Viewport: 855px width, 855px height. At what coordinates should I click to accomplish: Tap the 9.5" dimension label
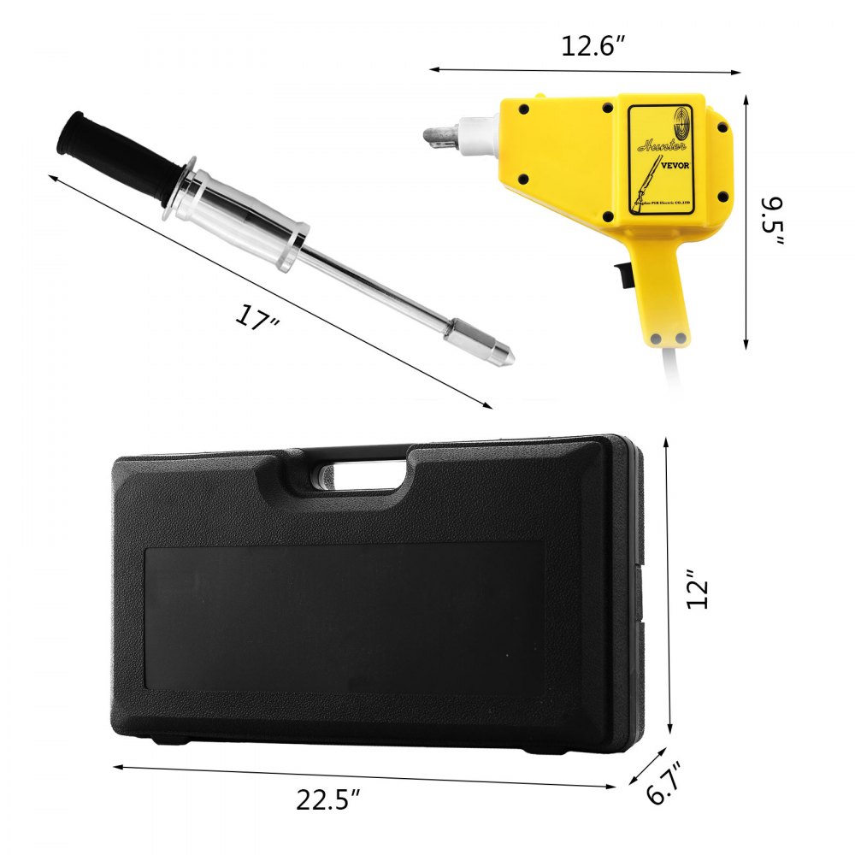(774, 221)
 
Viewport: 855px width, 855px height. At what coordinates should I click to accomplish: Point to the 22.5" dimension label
(329, 799)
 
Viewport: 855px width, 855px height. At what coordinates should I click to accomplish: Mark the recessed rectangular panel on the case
(342, 616)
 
